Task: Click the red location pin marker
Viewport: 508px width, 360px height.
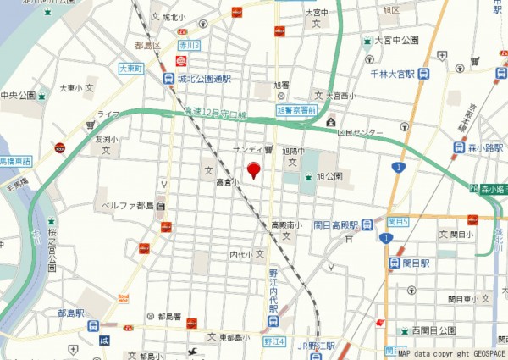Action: click(x=252, y=170)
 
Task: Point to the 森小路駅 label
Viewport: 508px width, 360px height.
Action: click(x=485, y=147)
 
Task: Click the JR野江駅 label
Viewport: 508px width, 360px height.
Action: click(x=317, y=346)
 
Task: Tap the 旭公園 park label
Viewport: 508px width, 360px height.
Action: click(x=329, y=176)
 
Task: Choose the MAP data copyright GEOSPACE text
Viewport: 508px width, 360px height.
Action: click(x=451, y=354)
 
